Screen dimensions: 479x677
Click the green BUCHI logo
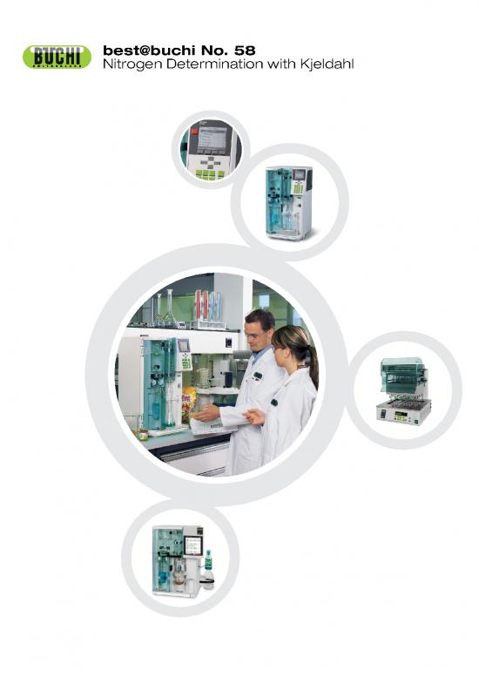coord(57,57)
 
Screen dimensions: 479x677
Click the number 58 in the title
coord(245,51)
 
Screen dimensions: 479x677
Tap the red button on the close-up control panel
coord(193,132)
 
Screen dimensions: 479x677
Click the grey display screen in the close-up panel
coord(212,138)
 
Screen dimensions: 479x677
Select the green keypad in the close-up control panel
coord(210,174)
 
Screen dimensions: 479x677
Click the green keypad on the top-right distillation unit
coord(297,187)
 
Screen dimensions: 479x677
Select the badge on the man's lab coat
coord(258,376)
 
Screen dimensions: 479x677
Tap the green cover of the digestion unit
coord(401,374)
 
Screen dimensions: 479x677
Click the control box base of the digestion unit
coord(403,411)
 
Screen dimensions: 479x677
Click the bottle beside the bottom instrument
coord(208,570)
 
